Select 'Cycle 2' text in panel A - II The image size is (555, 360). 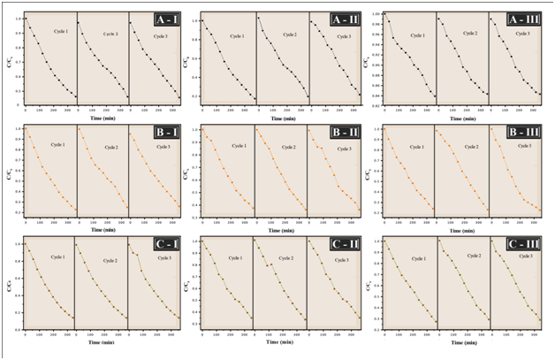coord(289,34)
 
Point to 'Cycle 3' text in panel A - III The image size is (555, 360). coord(522,33)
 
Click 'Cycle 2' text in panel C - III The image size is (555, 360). coord(473,256)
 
